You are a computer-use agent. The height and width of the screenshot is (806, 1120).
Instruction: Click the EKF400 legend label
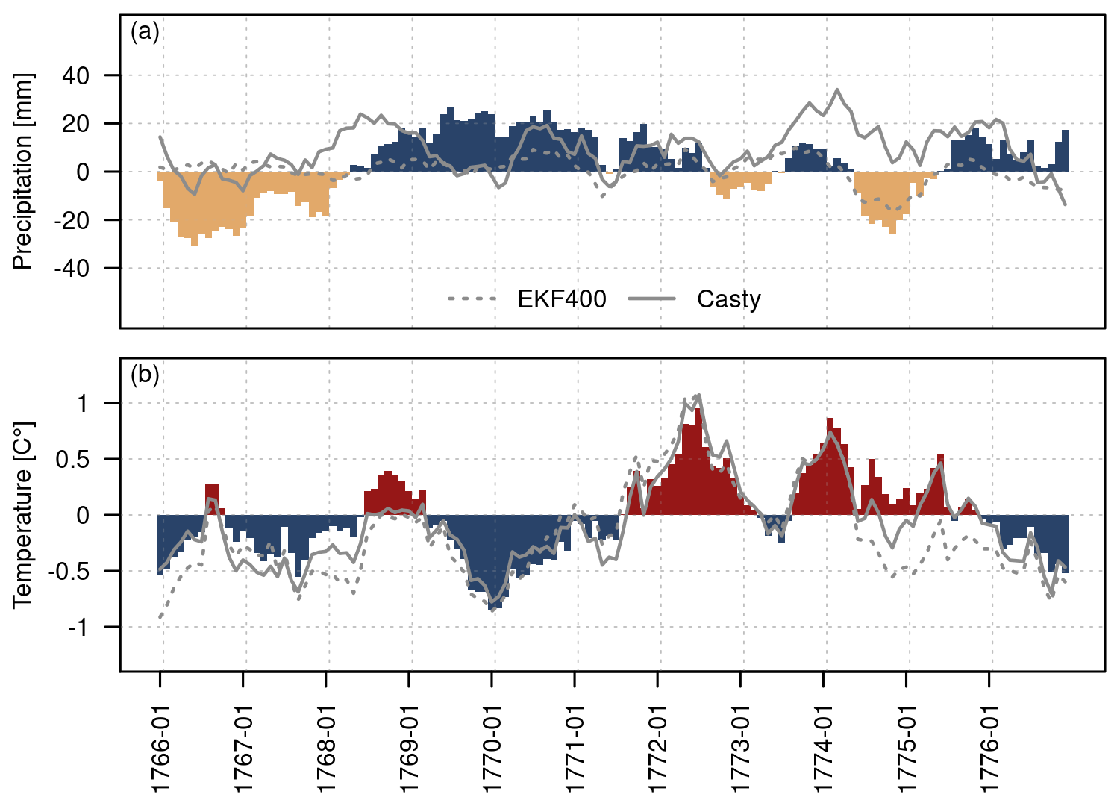pos(561,299)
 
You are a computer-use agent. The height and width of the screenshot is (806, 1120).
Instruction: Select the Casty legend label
pos(728,299)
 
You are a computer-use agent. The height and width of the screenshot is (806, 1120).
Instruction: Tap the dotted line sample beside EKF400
pos(472,299)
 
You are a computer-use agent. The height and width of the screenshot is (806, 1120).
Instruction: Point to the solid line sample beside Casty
pos(651,299)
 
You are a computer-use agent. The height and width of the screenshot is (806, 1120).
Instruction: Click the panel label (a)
pos(145,32)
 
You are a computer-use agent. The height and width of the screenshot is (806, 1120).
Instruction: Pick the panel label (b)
pos(145,375)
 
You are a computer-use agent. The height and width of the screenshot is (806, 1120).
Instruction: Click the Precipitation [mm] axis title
pos(22,172)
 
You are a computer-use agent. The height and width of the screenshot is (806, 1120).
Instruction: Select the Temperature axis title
pos(22,515)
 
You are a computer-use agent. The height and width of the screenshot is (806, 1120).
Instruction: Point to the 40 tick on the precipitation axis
pos(75,75)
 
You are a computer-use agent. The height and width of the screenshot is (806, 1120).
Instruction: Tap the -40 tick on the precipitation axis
pos(72,269)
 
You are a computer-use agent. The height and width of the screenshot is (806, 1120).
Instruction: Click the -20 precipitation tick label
pos(72,220)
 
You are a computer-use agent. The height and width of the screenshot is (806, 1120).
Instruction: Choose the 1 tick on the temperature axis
pos(82,404)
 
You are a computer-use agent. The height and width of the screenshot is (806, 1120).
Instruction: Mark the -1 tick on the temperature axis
pos(78,628)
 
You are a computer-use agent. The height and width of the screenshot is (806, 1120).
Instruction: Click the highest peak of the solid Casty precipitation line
pos(837,90)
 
